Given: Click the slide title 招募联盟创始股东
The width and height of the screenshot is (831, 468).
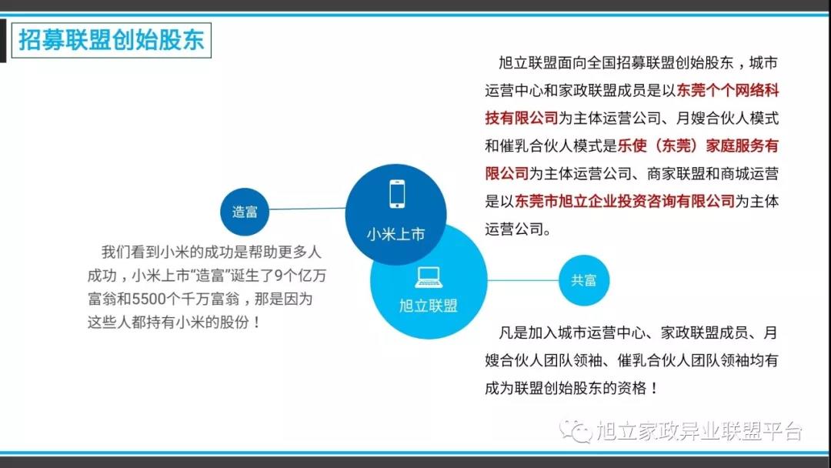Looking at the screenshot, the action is (112, 40).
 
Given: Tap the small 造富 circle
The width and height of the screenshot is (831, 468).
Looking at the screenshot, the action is (245, 212).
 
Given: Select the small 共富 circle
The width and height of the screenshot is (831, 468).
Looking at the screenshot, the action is (583, 280).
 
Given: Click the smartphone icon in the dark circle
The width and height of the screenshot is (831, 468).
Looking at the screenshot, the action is (397, 194).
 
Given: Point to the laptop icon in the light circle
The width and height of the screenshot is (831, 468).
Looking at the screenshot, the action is (429, 276).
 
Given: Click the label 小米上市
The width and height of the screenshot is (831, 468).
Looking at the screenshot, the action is (396, 234).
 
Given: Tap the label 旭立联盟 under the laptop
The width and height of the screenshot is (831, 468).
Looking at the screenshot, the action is (429, 306).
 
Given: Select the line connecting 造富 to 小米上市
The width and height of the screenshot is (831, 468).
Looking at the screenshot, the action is (307, 209).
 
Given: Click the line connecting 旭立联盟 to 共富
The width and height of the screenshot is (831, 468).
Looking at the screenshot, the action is (523, 280).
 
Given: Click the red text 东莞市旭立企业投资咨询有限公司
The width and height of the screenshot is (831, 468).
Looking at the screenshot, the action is (625, 202).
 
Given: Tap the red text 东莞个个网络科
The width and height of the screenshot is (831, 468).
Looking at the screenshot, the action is (728, 91).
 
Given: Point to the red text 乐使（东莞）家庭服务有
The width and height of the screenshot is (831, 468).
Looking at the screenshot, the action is (698, 145).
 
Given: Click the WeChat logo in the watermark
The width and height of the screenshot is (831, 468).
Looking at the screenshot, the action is (576, 430).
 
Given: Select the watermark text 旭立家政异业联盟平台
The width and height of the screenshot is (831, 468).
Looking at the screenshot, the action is (699, 431).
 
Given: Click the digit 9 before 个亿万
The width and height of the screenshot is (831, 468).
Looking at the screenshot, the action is (279, 276).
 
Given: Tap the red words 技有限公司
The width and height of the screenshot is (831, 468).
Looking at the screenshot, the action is (522, 119).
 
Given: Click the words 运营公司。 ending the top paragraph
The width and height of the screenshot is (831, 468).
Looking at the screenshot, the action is (519, 229).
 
